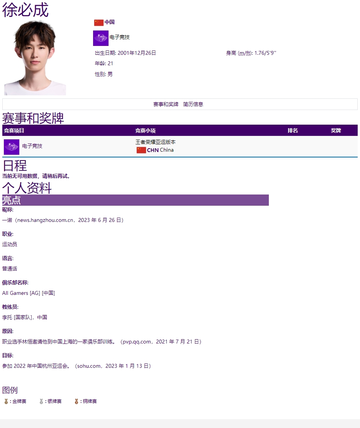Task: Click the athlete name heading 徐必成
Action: point(25,10)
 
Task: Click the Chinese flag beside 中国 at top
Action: point(98,22)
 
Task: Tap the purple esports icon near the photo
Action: point(101,38)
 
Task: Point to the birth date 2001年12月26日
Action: point(137,53)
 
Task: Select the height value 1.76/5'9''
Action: point(265,53)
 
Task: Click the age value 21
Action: point(110,64)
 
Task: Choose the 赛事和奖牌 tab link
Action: point(166,104)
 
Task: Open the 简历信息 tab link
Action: point(193,104)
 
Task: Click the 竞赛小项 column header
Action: point(145,131)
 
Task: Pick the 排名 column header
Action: point(293,131)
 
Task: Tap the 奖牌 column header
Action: point(336,131)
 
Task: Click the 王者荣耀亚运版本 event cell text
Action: point(156,142)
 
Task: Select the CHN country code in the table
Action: point(153,150)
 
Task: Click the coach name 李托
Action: point(7,318)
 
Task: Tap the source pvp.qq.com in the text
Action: point(137,342)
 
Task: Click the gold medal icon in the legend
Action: point(6,401)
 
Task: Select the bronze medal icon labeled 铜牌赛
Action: point(76,401)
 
